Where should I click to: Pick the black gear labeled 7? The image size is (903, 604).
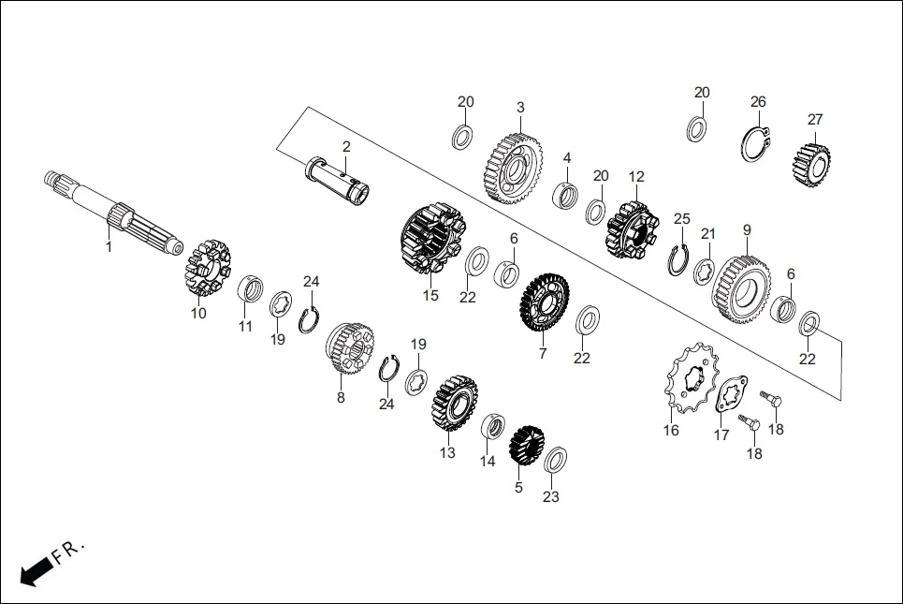[x=545, y=304]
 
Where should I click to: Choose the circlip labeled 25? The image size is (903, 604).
[x=680, y=259]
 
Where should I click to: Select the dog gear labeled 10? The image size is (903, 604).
[x=205, y=268]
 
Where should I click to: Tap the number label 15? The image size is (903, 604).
[x=430, y=296]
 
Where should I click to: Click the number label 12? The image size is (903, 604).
[x=636, y=176]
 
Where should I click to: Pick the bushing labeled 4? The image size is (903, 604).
[x=566, y=196]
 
